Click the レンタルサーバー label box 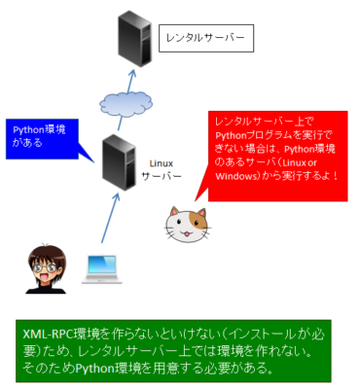click(x=204, y=39)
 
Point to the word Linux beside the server click(x=162, y=163)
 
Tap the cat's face click(x=186, y=226)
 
